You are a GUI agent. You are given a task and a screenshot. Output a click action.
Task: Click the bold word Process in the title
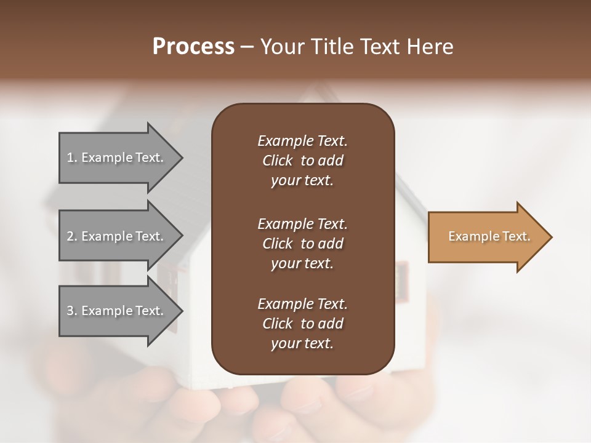pyautogui.click(x=193, y=47)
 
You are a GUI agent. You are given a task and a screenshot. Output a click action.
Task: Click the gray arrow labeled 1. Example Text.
pyautogui.click(x=117, y=158)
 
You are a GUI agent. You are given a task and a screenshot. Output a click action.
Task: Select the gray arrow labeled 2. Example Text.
pyautogui.click(x=117, y=236)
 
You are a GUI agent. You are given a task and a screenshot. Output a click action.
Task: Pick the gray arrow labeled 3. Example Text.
pyautogui.click(x=117, y=311)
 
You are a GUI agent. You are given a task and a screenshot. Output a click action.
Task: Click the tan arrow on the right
pyautogui.click(x=486, y=237)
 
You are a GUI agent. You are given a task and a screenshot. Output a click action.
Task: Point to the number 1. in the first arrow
pyautogui.click(x=71, y=158)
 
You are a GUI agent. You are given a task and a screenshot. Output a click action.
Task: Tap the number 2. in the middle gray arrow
pyautogui.click(x=71, y=236)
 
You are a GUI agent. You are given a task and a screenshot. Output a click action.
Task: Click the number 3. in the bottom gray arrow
pyautogui.click(x=71, y=311)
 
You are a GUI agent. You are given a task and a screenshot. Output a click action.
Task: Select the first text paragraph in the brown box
pyautogui.click(x=302, y=161)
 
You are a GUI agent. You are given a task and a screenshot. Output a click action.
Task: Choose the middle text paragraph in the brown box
pyautogui.click(x=302, y=243)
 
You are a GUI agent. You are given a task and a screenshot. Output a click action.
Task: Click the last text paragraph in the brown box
pyautogui.click(x=302, y=324)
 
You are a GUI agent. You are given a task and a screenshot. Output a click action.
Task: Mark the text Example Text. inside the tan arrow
pyautogui.click(x=489, y=236)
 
